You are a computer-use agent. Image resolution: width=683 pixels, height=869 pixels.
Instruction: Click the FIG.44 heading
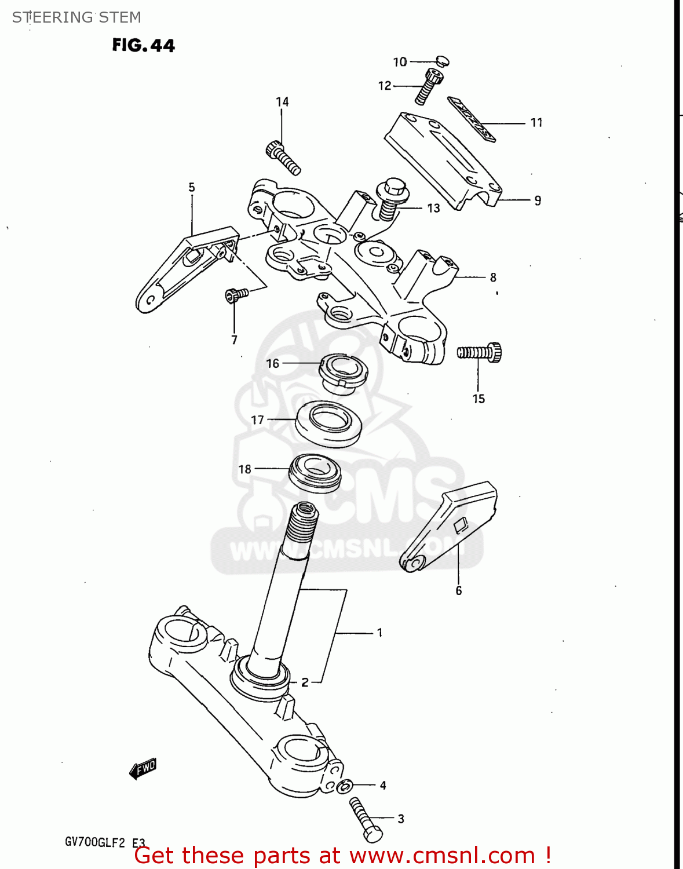(143, 45)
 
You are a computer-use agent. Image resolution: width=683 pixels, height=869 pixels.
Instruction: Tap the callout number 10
(400, 62)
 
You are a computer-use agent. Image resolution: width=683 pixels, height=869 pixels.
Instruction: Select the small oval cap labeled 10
(442, 61)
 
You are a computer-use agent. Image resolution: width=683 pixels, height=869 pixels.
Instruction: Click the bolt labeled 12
(428, 86)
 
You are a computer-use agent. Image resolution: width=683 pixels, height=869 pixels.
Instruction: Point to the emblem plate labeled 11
(471, 119)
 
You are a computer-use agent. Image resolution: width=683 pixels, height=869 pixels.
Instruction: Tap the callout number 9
(538, 200)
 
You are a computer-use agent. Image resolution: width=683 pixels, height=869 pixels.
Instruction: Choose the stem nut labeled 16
(344, 371)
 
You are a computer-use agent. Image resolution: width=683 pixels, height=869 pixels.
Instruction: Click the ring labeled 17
(328, 423)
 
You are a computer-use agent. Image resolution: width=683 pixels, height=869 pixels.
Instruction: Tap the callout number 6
(458, 591)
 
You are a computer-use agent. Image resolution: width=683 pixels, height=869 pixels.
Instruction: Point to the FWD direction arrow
(143, 769)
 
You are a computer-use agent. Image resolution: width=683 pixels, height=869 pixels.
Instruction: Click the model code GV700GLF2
(94, 842)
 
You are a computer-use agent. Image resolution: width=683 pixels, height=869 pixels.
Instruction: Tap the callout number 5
(192, 188)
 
